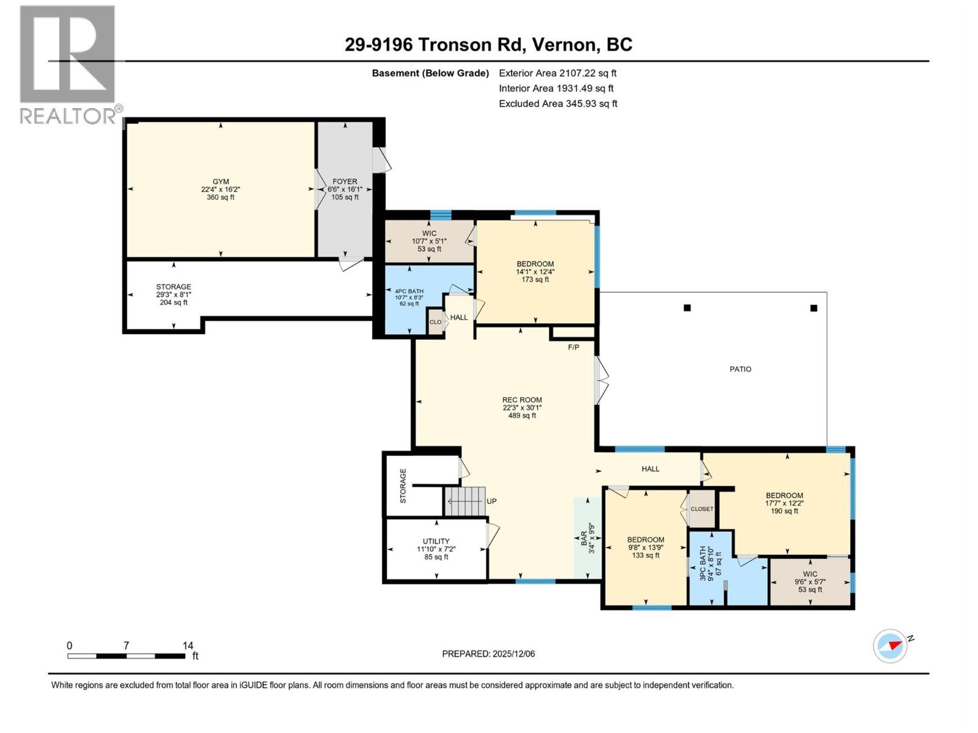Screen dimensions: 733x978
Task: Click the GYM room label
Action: pos(221,182)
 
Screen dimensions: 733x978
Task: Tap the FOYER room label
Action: pos(345,182)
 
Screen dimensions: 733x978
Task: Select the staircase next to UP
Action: pos(465,501)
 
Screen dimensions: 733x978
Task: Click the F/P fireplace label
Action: pos(573,348)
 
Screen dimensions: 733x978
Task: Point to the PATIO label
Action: pos(740,370)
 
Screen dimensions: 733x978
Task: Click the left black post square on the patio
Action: pos(687,308)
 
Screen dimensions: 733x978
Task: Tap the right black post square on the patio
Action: pos(814,308)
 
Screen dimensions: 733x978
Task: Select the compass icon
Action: pos(890,646)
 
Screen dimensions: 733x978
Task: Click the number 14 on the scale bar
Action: pos(188,646)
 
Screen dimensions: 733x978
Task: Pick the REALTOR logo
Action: pos(67,64)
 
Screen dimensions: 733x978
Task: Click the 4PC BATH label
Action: pos(409,291)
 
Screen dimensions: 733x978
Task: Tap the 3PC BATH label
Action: pos(703,563)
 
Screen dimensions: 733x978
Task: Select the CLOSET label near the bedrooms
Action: pos(702,509)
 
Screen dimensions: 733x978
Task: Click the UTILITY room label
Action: pos(436,541)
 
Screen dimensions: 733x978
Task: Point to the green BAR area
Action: pos(587,538)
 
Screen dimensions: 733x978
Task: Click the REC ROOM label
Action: pos(522,400)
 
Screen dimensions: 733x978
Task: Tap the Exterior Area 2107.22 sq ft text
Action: pos(557,73)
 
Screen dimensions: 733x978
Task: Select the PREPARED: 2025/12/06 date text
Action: pos(488,654)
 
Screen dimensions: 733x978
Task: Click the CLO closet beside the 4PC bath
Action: pos(435,322)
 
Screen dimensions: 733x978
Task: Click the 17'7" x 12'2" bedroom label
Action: pos(784,496)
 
